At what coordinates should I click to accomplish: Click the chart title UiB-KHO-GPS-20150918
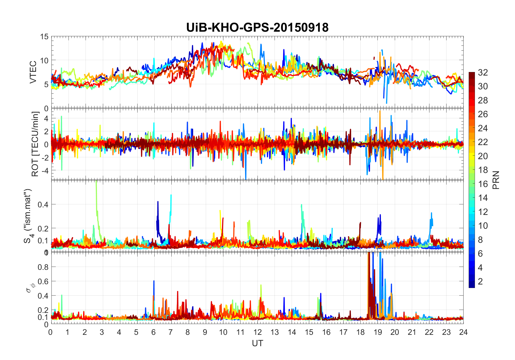coord(257,28)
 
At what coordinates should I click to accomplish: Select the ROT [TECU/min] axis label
coord(35,144)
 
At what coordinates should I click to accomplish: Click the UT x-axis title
coord(257,343)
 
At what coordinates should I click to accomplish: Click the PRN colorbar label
coord(496,180)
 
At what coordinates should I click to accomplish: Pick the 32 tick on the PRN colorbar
coord(483,72)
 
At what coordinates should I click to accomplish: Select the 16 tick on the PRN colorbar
coord(483,184)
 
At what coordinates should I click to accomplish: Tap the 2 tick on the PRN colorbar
coord(480,282)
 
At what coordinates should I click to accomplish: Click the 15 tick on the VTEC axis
coord(44,37)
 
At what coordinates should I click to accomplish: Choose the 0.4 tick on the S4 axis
coord(43,204)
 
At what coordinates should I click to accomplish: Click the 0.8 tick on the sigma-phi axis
coord(43,267)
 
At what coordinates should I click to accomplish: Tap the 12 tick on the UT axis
coord(257,332)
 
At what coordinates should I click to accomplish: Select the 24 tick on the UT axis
coord(463,332)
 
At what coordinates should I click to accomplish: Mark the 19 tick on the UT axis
coord(378,332)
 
